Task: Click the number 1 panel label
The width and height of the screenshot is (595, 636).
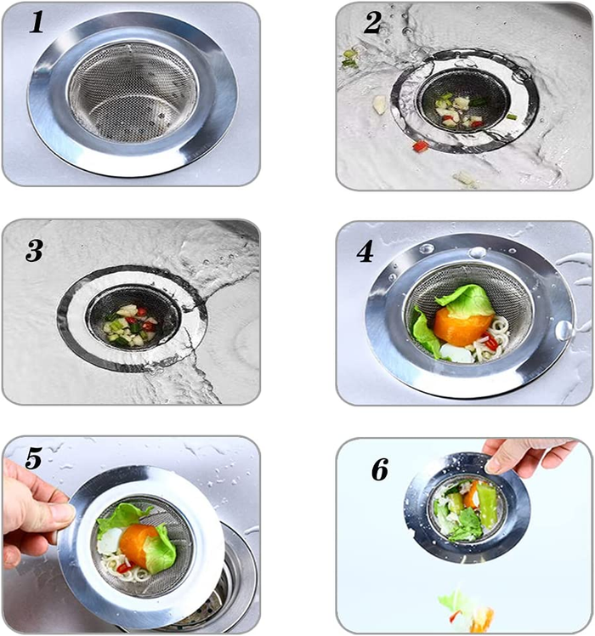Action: [37, 23]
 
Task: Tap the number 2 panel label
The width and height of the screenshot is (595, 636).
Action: [373, 22]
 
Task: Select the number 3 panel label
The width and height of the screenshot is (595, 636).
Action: [34, 250]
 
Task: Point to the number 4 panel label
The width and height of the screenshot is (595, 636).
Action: [365, 252]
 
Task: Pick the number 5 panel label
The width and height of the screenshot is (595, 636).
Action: [33, 459]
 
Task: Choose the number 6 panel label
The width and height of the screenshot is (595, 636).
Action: [380, 469]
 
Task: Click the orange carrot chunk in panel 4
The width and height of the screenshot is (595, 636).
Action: [462, 325]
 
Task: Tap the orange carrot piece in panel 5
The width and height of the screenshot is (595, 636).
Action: [139, 545]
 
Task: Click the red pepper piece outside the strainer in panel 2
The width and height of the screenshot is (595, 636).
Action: [420, 146]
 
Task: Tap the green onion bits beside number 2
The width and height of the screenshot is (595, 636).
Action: [350, 58]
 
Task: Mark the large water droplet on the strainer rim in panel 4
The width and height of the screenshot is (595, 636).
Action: [564, 331]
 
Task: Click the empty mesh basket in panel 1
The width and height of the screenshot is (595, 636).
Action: [133, 93]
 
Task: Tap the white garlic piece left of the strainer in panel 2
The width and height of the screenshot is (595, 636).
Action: [379, 105]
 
